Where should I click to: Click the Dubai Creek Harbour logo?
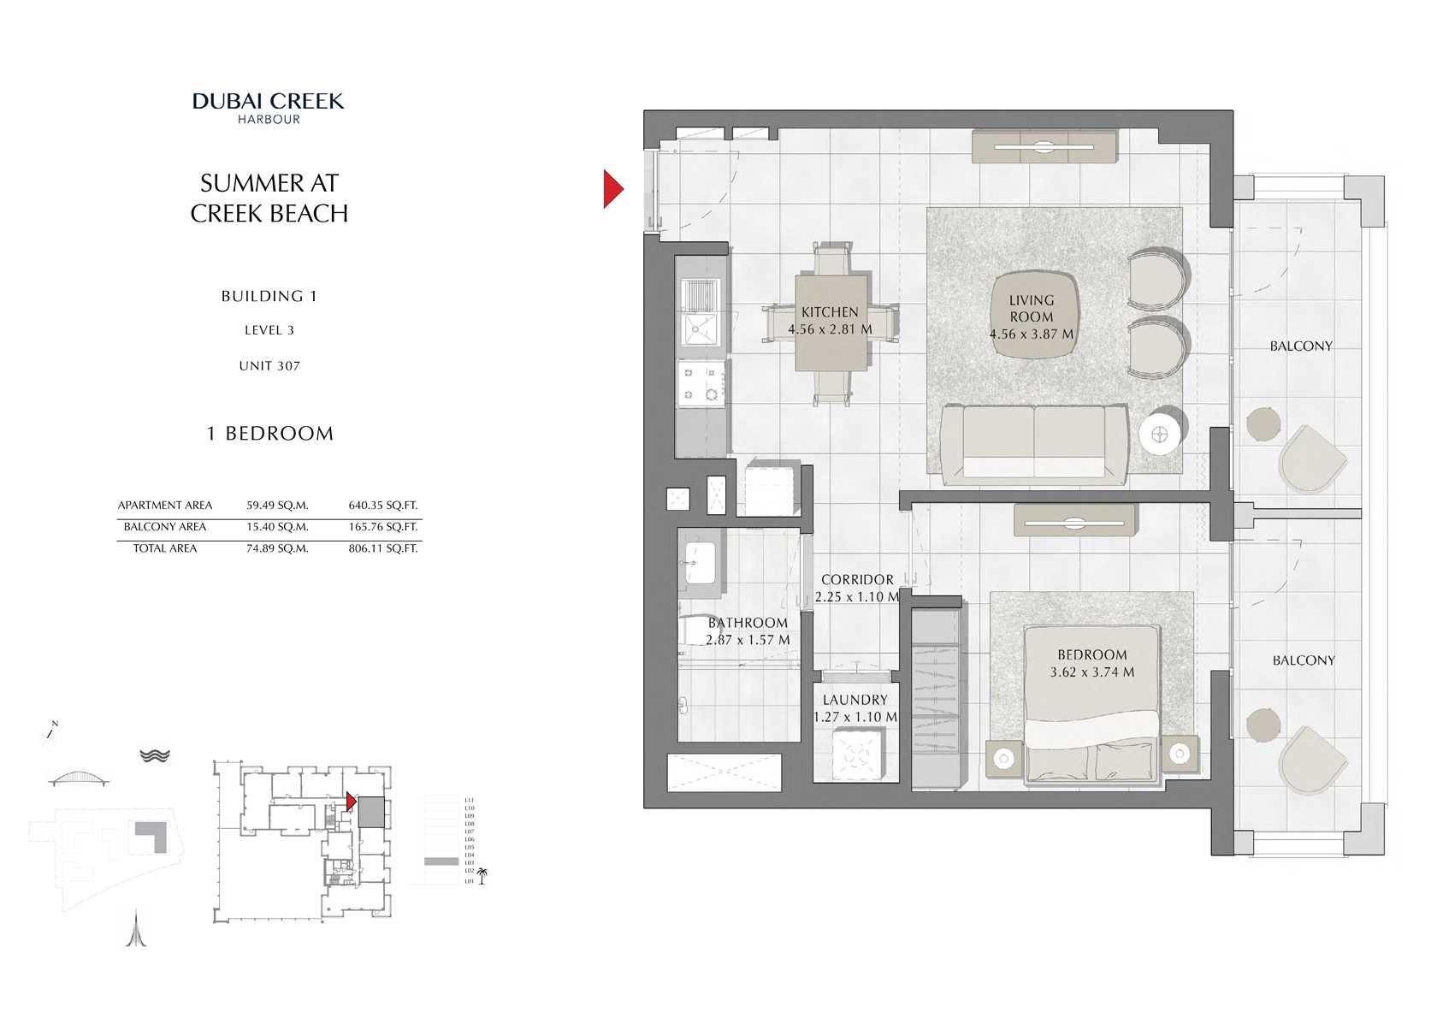pos(269,107)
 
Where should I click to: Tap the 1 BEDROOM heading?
pos(270,434)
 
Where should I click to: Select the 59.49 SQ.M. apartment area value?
pos(277,506)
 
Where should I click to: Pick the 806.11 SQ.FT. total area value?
pos(382,548)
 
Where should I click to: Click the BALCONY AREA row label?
pos(164,527)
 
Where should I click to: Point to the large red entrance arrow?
pos(612,189)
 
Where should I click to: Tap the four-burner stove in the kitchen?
pos(701,383)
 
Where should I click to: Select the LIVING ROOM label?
pos(1031,309)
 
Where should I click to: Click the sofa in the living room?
pos(1033,443)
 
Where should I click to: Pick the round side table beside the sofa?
pos(1161,435)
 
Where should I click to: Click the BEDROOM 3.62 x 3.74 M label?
pos(1092,664)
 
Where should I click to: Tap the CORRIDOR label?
pos(857,580)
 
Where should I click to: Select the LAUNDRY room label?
pos(855,700)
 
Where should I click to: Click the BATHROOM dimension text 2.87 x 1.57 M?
pos(748,640)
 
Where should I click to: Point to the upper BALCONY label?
pos(1300,346)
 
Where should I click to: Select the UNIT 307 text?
pos(269,366)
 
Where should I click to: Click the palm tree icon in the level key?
pos(482,875)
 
